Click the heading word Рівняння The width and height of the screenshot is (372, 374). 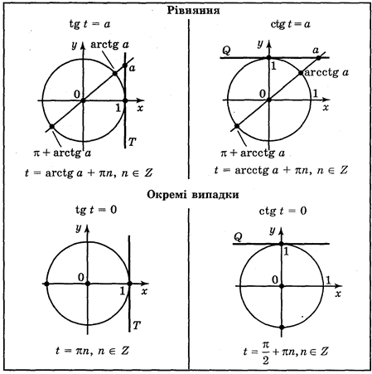click(x=193, y=11)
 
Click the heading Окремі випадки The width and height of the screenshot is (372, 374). click(x=193, y=195)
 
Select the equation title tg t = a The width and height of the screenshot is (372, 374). click(x=89, y=24)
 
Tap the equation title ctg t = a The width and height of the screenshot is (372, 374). click(x=290, y=24)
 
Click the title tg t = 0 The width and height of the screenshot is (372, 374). click(x=96, y=210)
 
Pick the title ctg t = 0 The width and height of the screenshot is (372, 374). click(x=283, y=211)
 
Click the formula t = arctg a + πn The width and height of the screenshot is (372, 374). click(x=89, y=173)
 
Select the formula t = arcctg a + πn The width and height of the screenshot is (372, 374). click(x=281, y=170)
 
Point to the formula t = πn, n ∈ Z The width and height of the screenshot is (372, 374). click(x=92, y=351)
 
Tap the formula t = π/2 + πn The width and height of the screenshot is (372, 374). click(x=286, y=352)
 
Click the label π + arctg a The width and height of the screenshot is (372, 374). click(x=62, y=153)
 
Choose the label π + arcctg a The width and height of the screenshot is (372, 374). click(x=253, y=153)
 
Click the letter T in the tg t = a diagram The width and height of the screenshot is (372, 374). click(x=132, y=142)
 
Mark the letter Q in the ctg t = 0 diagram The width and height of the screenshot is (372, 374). click(x=238, y=237)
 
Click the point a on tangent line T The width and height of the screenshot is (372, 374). click(x=125, y=66)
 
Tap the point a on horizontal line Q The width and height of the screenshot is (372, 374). click(x=318, y=58)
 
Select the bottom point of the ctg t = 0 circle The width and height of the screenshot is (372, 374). click(x=282, y=328)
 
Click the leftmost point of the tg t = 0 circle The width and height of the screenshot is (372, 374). click(x=46, y=284)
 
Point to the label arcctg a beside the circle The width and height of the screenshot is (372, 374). click(x=326, y=73)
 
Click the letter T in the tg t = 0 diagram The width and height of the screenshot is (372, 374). click(x=137, y=325)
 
